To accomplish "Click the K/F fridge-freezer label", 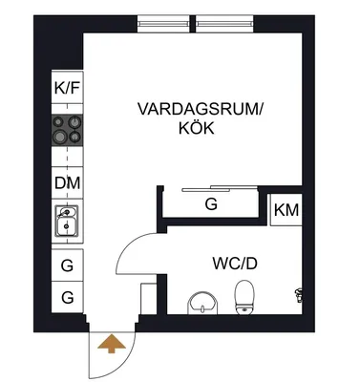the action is pyautogui.click(x=67, y=88).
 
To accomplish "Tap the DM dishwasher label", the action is pyautogui.click(x=68, y=183).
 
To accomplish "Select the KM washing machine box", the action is pyautogui.click(x=286, y=210).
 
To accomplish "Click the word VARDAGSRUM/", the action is pyautogui.click(x=201, y=109).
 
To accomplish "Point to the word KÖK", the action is pyautogui.click(x=196, y=128).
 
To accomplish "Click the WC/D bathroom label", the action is pyautogui.click(x=235, y=264).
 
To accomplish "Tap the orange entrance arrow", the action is pyautogui.click(x=111, y=344).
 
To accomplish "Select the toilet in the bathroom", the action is pyautogui.click(x=244, y=298).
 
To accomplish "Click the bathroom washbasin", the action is pyautogui.click(x=202, y=303).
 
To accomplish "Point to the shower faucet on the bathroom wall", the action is pyautogui.click(x=299, y=295).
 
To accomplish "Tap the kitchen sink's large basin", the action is pyautogui.click(x=67, y=226).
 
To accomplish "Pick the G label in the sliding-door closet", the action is pyautogui.click(x=211, y=204).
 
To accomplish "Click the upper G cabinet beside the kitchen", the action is pyautogui.click(x=68, y=265).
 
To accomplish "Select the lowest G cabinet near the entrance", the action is pyautogui.click(x=68, y=297).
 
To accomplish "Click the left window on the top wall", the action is pyautogui.click(x=163, y=24).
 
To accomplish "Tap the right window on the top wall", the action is pyautogui.click(x=224, y=24).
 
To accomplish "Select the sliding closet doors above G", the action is pyautogui.click(x=220, y=188).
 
